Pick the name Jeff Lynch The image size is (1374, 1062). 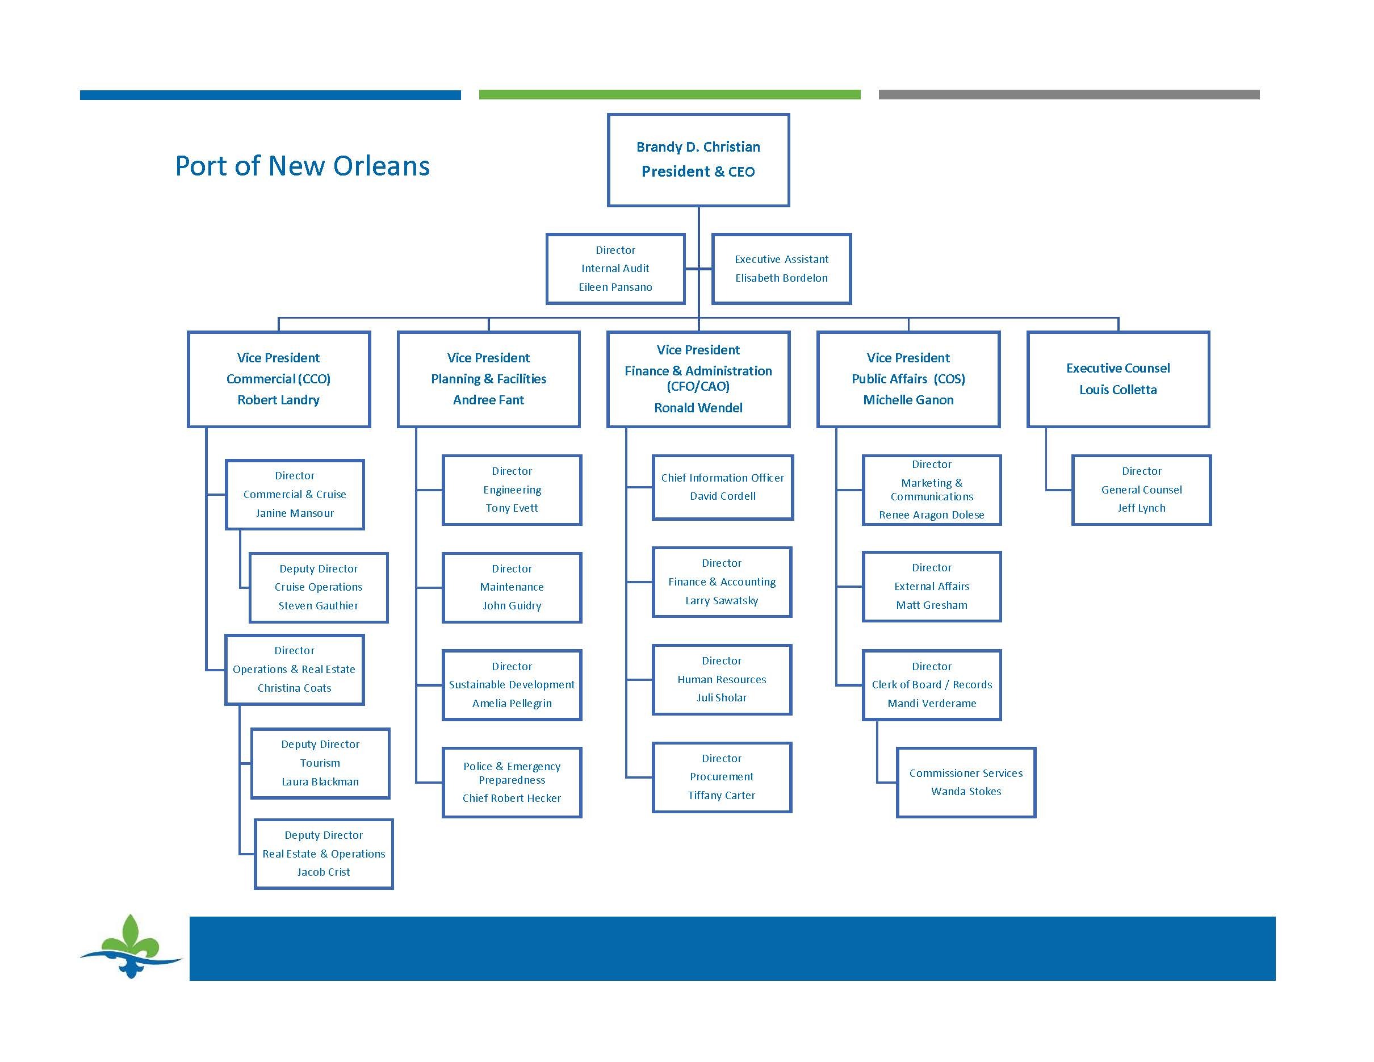point(1141,508)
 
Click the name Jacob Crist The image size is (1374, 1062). point(324,871)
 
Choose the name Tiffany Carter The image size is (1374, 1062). point(721,795)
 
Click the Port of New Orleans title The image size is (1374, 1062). point(302,165)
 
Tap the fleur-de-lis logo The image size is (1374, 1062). point(130,946)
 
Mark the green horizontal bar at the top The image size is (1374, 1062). point(669,94)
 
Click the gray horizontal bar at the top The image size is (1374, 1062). point(1069,94)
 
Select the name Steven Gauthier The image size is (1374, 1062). point(319,605)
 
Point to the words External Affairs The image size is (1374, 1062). point(932,586)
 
